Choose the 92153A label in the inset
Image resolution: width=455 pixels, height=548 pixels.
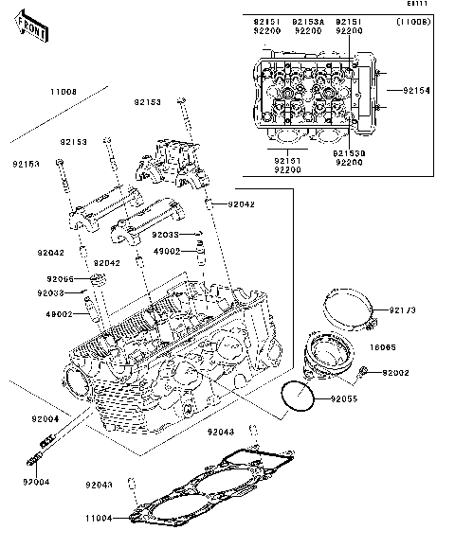[x=307, y=20]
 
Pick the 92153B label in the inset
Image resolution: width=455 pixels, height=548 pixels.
[x=350, y=152]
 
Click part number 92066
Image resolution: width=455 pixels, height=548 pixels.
[x=60, y=279]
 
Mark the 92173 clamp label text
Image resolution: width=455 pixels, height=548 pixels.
[x=402, y=310]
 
